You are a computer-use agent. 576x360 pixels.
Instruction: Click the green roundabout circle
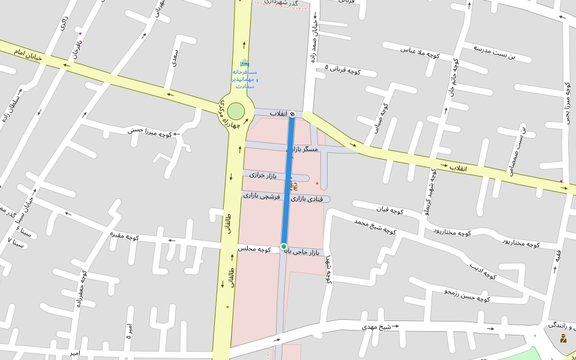click(236, 111)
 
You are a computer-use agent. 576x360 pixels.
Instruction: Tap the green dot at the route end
click(284, 246)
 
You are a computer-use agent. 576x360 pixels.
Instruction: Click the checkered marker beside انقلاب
click(292, 113)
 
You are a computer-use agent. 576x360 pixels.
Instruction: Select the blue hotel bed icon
click(244, 63)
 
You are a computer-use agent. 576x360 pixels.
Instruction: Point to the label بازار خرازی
click(266, 175)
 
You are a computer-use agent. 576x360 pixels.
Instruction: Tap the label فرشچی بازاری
click(262, 196)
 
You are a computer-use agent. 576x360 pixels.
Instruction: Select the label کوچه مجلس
click(254, 248)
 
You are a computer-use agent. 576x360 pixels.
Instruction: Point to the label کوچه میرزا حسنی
click(150, 131)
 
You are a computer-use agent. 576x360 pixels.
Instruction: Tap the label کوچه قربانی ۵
click(343, 70)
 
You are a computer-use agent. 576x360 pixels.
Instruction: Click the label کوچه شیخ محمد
click(375, 226)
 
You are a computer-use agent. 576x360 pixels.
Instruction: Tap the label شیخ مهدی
click(376, 327)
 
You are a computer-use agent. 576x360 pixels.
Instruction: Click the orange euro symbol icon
click(295, 188)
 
